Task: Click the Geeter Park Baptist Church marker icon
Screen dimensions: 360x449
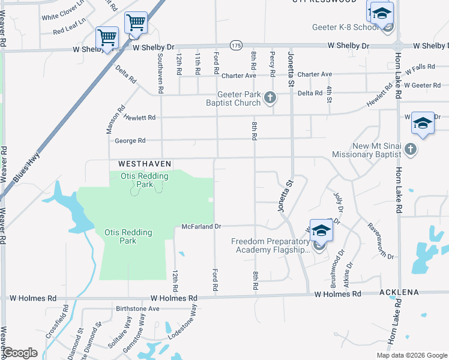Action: (270, 97)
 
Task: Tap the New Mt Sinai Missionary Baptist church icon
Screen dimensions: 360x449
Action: (411, 148)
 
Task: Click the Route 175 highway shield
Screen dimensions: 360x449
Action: (235, 46)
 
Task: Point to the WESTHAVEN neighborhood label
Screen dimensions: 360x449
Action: (145, 163)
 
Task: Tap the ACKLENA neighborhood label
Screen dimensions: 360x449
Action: (398, 293)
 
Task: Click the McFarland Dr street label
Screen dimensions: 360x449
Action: (202, 226)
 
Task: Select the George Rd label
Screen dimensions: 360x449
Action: (130, 141)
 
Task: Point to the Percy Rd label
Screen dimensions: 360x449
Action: (273, 63)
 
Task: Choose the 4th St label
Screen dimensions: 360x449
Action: (329, 94)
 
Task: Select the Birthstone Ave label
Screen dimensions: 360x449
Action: (137, 309)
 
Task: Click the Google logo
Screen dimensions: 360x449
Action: (20, 353)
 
